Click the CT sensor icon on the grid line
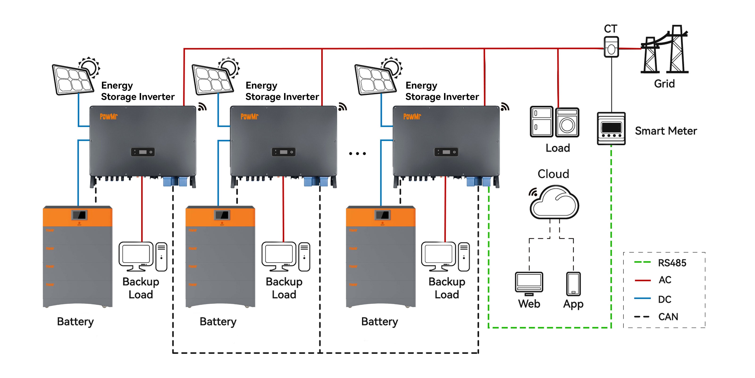point(611,47)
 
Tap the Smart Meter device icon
point(611,129)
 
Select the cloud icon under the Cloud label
point(554,202)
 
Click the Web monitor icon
point(529,283)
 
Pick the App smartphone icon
point(573,284)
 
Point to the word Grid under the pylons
point(664,84)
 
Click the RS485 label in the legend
point(672,263)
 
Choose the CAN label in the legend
point(668,317)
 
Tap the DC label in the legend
point(664,299)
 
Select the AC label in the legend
point(665,280)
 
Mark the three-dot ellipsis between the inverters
point(357,154)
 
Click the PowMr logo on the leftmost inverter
point(109,116)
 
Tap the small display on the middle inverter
point(283,152)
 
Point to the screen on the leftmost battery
point(79,215)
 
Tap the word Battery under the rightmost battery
point(380,322)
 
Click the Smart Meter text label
point(666,131)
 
